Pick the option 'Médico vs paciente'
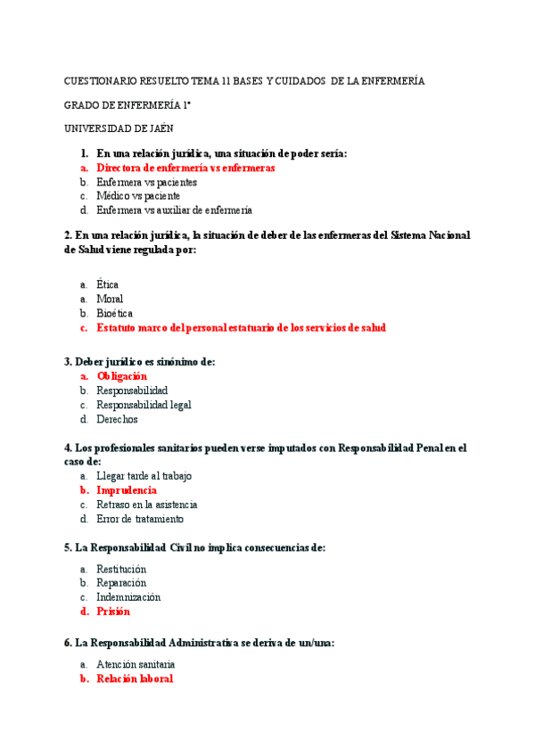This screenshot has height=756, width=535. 138,196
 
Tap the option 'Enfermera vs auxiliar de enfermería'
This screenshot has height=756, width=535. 174,210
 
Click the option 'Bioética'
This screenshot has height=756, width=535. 115,313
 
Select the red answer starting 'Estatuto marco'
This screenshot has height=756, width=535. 241,327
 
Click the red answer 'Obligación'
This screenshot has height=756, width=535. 122,376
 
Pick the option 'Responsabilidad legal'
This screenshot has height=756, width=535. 144,405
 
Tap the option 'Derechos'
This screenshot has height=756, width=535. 118,419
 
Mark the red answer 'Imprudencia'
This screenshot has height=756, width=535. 127,490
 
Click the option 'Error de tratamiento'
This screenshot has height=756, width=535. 140,519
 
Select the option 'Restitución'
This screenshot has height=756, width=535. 121,569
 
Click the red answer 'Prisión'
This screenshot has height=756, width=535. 113,612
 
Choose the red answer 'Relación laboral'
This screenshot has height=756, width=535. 135,678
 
